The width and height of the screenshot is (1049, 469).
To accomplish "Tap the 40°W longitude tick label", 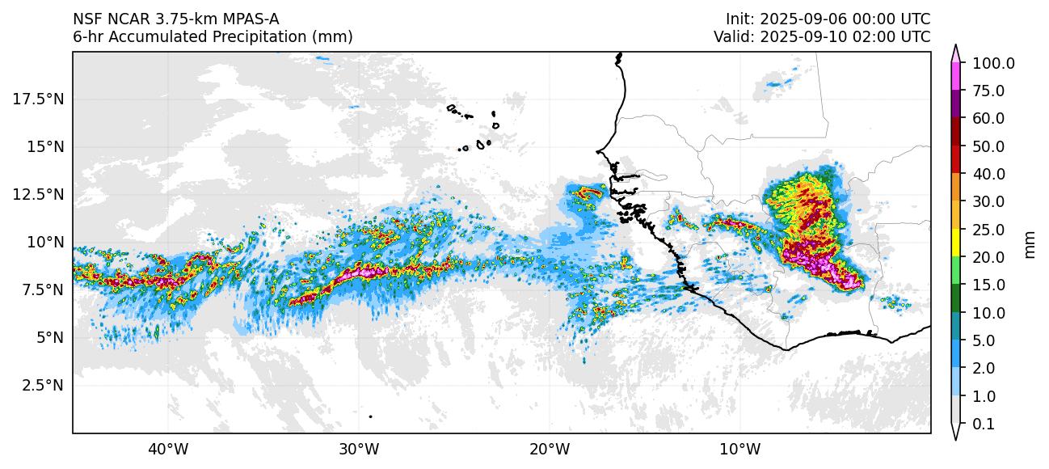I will [168, 449].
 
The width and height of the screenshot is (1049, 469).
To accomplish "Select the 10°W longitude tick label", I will [739, 449].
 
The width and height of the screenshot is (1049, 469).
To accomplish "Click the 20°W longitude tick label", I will [549, 449].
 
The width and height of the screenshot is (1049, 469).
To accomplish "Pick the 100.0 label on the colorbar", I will [993, 63].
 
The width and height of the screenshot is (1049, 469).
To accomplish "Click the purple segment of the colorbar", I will [955, 104].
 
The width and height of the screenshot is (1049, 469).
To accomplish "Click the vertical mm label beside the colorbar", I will [1030, 243].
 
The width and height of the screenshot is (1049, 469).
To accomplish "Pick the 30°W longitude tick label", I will [359, 449].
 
